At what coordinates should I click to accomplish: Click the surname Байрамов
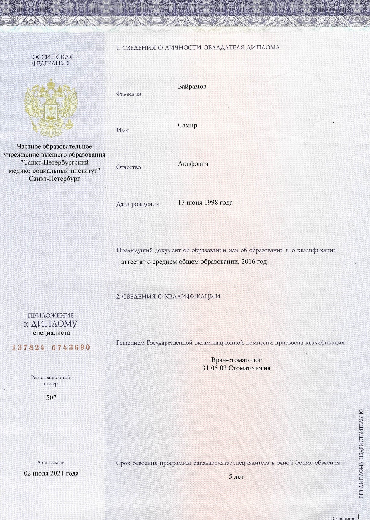192,87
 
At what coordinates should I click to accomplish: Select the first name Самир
187,125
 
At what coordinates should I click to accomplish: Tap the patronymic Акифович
193,164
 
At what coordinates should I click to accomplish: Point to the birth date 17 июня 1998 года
205,203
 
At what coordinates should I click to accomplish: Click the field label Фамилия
128,94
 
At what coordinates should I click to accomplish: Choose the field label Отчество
128,167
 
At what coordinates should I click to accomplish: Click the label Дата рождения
138,204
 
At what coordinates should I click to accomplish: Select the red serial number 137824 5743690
51,347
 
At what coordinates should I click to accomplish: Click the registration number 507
51,398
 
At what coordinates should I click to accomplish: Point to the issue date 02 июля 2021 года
51,473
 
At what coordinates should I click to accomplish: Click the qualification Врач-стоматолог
236,360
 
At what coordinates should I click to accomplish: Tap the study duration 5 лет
236,477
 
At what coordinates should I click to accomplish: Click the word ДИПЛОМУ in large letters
54,324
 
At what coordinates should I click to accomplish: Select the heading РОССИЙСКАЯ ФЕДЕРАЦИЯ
51,60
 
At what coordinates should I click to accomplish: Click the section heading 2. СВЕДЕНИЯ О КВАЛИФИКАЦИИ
168,297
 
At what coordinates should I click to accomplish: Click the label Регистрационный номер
51,381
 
